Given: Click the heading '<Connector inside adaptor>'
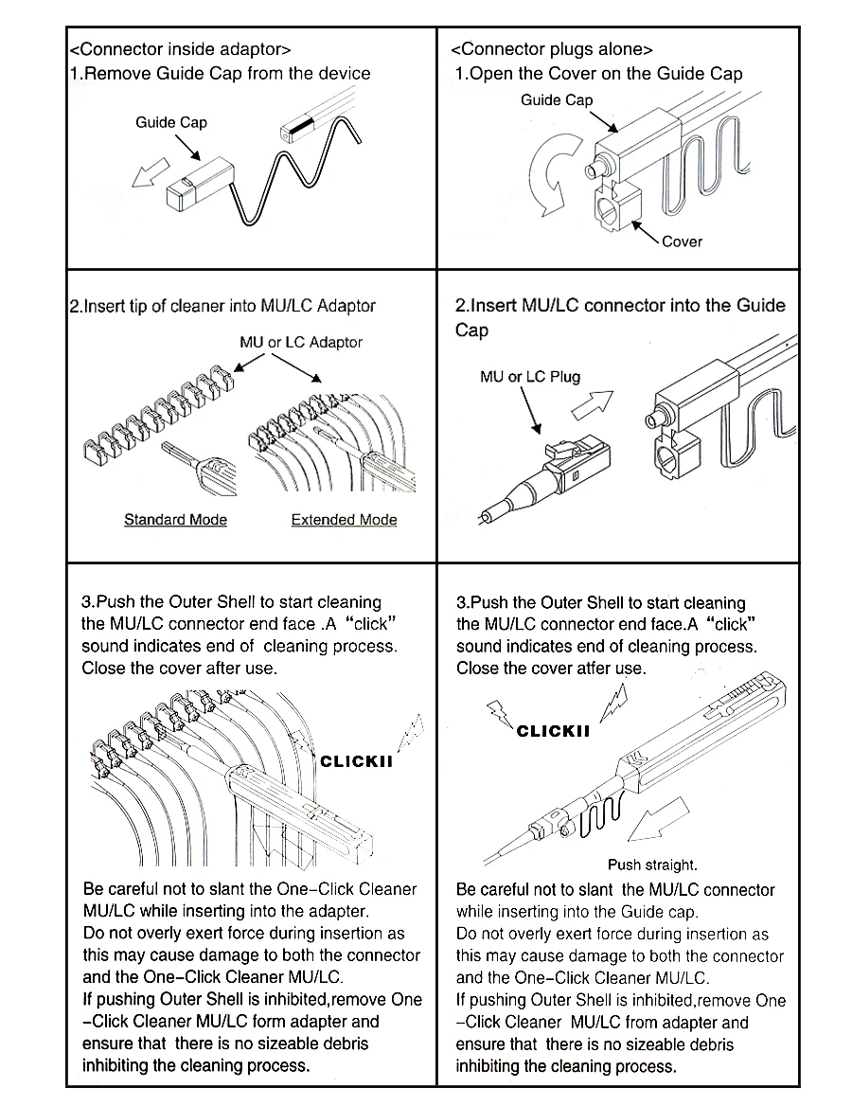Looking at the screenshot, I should click(x=180, y=49).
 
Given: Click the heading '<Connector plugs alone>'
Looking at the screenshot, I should click(x=552, y=49).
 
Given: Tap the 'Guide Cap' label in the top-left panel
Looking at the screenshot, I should click(x=171, y=122).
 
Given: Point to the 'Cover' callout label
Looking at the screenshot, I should click(x=682, y=241).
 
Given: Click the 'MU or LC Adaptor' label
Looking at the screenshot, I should click(x=301, y=342).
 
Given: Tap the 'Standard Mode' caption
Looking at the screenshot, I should click(x=175, y=520).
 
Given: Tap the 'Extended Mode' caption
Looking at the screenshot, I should click(x=344, y=520).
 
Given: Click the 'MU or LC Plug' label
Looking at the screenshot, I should click(x=530, y=377).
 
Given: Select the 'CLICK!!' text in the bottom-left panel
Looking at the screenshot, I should click(x=356, y=761).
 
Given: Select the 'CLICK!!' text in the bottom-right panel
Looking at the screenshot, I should click(x=553, y=731).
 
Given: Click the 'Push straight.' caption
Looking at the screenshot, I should click(x=652, y=865).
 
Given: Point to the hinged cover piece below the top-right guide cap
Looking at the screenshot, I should click(x=616, y=208).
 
